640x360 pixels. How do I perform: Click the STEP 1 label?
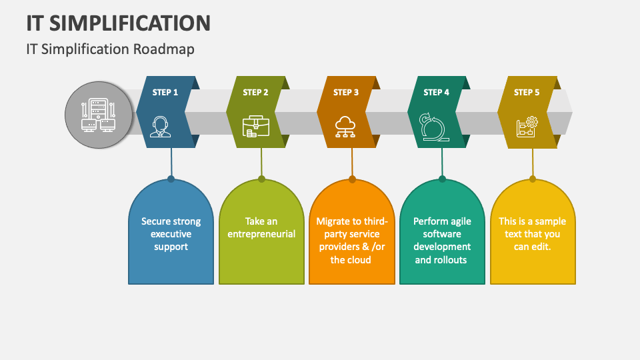point(165,92)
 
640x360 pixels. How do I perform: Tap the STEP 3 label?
point(346,92)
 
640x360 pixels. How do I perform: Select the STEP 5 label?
point(527,92)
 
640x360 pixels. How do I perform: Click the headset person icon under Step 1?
point(160,127)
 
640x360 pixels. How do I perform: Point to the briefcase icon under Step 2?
point(256,126)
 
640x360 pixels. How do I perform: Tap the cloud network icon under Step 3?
point(345,127)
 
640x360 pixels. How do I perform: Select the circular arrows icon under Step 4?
point(434,127)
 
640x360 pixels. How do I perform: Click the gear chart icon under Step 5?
point(527,127)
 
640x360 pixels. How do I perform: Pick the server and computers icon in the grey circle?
point(99,115)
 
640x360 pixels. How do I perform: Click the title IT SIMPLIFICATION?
point(119,23)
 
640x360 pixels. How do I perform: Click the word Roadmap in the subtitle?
point(164,49)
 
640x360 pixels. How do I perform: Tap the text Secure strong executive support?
point(171,234)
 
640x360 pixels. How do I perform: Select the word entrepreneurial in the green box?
point(261,234)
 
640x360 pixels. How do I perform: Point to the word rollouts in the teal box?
point(450,259)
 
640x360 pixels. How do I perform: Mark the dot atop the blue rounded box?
point(171,179)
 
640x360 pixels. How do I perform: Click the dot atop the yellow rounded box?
point(533,179)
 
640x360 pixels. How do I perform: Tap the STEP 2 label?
point(255,92)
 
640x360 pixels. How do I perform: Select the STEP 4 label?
point(436,92)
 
